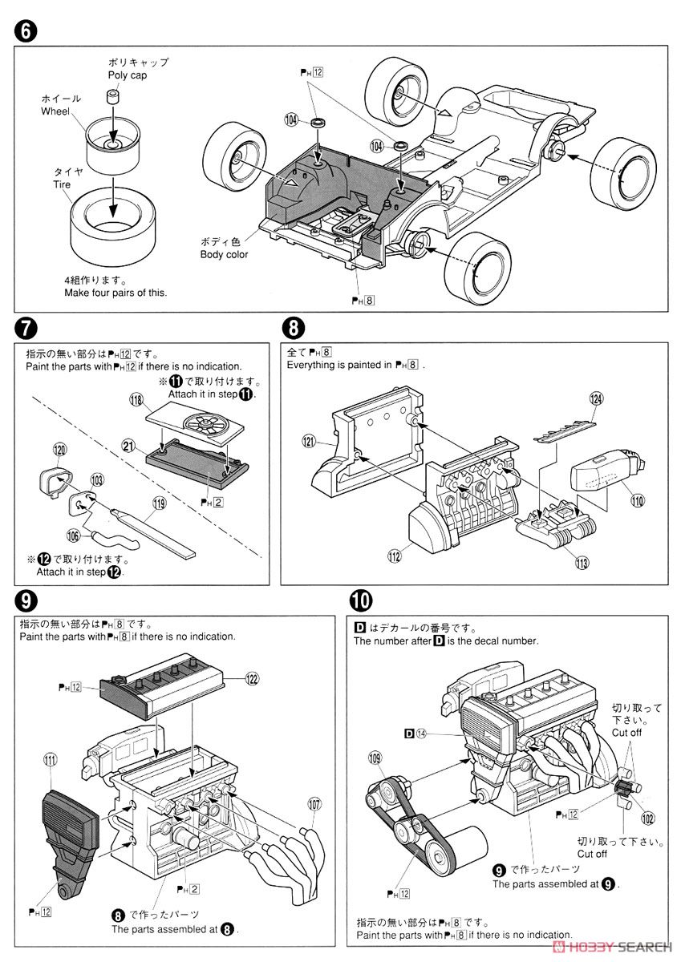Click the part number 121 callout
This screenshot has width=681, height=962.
tap(310, 440)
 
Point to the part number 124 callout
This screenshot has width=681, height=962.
tap(594, 398)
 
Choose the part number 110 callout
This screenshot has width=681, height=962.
tap(637, 501)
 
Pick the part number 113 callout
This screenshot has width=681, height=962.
tap(581, 563)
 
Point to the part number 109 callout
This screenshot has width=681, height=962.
tap(375, 756)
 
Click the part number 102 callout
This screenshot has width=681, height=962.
tap(647, 819)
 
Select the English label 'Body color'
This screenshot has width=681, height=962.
tap(224, 254)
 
